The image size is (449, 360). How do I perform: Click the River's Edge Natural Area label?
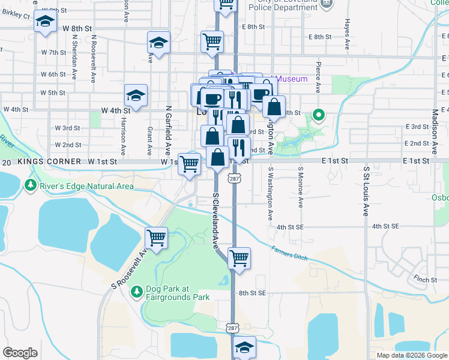[x=86, y=187]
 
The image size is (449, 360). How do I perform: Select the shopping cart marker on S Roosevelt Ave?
[x=157, y=238]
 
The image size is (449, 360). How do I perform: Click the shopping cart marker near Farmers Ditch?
[x=239, y=259]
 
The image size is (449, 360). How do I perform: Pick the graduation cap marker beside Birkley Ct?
[x=44, y=22]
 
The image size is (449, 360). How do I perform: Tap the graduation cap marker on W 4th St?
[x=136, y=95]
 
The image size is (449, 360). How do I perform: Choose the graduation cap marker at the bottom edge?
[x=244, y=347]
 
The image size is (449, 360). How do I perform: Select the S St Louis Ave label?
[x=366, y=191]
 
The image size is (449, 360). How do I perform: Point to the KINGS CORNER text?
[x=49, y=162]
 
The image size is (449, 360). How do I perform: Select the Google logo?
[x=20, y=353]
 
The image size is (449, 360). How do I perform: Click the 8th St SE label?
[x=252, y=293]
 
